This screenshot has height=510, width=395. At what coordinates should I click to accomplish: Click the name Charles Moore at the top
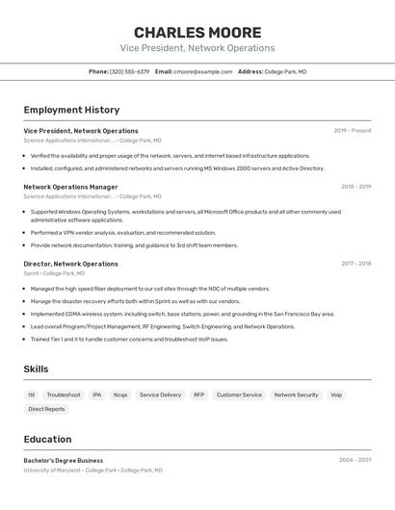[197, 33]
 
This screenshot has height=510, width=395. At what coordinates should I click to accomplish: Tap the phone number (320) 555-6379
[129, 71]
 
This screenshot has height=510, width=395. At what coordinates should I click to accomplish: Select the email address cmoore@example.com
[202, 71]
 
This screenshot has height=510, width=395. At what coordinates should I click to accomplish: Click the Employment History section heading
[71, 110]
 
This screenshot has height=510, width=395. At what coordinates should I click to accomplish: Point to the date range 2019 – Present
[353, 131]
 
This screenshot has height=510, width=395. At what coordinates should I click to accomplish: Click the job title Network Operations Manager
[70, 187]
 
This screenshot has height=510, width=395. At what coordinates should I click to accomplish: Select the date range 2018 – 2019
[355, 187]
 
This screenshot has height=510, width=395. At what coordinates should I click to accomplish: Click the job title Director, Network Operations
[70, 264]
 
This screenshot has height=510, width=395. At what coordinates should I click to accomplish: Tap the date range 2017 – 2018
[355, 264]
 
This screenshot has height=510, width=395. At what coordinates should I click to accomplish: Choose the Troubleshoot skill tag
[64, 395]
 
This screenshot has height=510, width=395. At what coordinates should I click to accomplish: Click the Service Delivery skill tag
[160, 395]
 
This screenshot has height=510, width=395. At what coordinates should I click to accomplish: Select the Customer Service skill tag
[239, 395]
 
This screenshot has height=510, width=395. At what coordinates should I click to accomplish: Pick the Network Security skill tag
[296, 395]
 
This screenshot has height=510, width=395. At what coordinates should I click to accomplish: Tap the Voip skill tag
[336, 395]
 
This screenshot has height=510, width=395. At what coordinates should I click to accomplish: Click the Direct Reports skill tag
[46, 409]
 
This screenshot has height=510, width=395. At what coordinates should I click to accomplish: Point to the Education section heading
[47, 439]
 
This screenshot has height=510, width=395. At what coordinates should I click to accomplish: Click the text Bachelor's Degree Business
[63, 461]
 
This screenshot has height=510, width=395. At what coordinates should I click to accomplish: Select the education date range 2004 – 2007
[355, 460]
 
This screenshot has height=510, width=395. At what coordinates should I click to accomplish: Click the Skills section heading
[36, 369]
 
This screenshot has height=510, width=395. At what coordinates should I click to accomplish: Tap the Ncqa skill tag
[119, 395]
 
